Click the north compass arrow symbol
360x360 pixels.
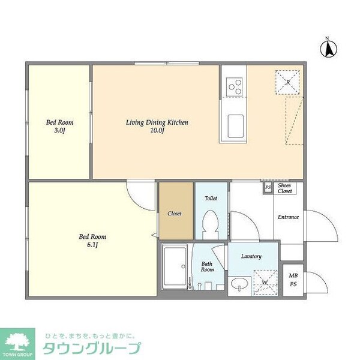point(328,48)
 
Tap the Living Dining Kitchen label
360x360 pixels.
point(157,122)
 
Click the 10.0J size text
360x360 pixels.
point(157,131)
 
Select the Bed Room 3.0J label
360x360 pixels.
point(60,127)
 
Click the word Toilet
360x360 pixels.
point(211,198)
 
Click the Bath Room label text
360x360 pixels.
point(207,266)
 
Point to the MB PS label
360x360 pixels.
point(293,280)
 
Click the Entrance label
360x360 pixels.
point(287,217)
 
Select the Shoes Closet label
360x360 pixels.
point(285,188)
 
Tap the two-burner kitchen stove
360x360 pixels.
point(233,87)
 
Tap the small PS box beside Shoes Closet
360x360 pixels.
point(268,188)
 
